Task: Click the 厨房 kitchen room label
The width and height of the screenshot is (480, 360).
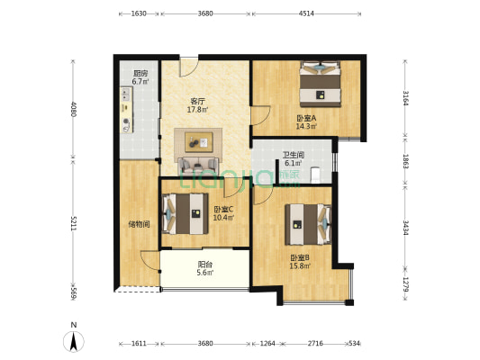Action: tap(140, 74)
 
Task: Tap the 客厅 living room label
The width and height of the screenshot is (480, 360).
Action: tap(198, 101)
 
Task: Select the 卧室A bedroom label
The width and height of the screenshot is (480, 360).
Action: tap(306, 118)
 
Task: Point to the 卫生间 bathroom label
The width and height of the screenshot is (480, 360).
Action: tap(294, 155)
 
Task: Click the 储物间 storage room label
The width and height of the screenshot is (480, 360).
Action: tap(139, 224)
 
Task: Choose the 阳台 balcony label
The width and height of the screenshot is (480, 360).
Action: tap(205, 265)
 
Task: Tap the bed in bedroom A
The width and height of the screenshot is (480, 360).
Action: tap(321, 84)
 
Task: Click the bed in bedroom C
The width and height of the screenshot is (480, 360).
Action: tap(185, 214)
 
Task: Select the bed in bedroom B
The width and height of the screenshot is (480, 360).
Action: tap(309, 224)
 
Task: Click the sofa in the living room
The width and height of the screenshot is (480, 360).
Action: tap(199, 166)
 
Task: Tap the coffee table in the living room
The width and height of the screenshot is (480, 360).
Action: tap(199, 142)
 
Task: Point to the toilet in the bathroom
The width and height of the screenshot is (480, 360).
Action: tap(315, 175)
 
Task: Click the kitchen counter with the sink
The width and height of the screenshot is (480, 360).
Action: tap(126, 110)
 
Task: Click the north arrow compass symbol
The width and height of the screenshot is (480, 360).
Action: tap(74, 341)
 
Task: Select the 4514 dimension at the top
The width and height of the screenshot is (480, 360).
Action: tap(306, 13)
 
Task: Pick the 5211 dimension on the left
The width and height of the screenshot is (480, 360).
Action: tap(73, 223)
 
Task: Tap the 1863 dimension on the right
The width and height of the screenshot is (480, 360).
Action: tap(405, 161)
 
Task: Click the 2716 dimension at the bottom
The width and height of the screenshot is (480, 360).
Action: tap(315, 344)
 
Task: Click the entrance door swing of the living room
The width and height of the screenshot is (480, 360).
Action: tap(189, 67)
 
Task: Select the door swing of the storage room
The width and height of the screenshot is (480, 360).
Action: tap(150, 261)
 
